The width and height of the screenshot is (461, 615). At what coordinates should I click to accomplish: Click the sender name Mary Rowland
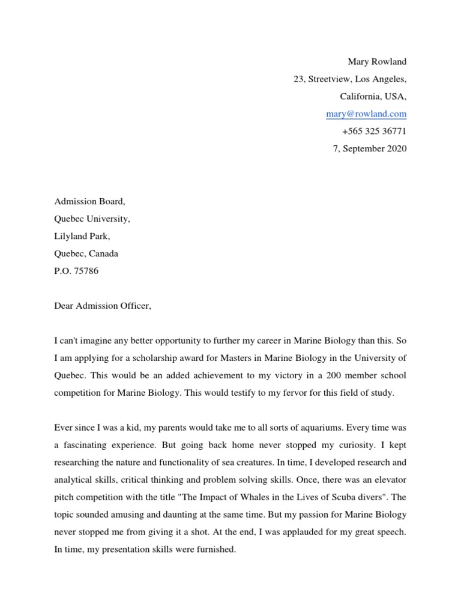tap(377, 61)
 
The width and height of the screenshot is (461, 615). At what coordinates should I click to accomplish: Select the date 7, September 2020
tap(370, 148)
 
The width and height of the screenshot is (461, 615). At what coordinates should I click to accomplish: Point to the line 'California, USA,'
tap(373, 96)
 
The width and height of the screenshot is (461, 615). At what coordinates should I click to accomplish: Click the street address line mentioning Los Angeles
tap(350, 79)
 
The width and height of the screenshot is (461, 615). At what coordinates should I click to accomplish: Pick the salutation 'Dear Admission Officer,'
tap(103, 306)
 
